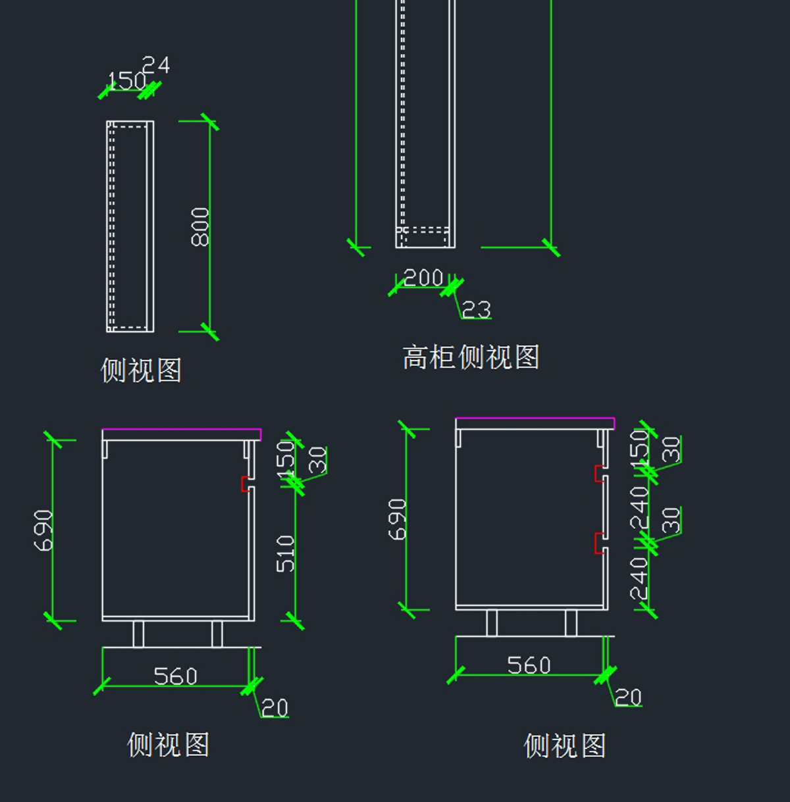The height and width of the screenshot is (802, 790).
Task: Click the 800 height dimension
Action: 200,227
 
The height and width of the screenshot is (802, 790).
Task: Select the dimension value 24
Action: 156,65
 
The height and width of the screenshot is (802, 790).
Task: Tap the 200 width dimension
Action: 423,278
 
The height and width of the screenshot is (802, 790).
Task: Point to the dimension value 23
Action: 476,309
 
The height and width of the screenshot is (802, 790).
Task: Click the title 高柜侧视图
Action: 471,357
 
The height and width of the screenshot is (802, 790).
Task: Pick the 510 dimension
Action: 286,553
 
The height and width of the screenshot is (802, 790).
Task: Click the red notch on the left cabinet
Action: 246,484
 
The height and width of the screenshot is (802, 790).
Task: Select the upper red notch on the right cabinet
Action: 599,474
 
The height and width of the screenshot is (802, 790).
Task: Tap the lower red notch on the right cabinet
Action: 599,543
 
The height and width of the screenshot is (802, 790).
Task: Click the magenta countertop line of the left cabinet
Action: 181,430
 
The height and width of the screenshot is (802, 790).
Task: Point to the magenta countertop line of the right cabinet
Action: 535,418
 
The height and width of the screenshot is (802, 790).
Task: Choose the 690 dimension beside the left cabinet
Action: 43,530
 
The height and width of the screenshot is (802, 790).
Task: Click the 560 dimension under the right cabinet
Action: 529,665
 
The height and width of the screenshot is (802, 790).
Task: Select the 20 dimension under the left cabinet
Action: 275,708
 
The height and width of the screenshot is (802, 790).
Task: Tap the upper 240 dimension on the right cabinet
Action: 640,508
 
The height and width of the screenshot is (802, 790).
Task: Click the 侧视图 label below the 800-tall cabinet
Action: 141,370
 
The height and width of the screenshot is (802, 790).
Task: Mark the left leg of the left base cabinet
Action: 138,634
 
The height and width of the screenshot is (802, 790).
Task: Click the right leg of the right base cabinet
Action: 571,623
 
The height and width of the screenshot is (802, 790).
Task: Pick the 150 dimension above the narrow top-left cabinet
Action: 126,81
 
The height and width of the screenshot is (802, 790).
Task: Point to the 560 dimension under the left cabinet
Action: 175,676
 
